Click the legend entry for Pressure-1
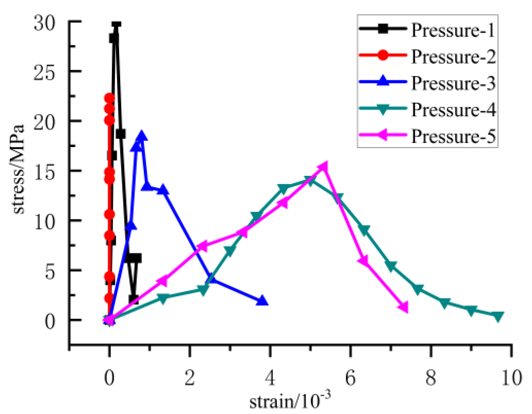point(453,30)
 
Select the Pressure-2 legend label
point(453,57)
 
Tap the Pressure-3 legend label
point(453,83)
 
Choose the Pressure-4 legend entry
point(453,110)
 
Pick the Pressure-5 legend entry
point(453,136)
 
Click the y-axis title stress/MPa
point(19,169)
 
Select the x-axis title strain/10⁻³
point(290,401)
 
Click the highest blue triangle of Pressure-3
point(141,136)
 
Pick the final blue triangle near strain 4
point(262,301)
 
